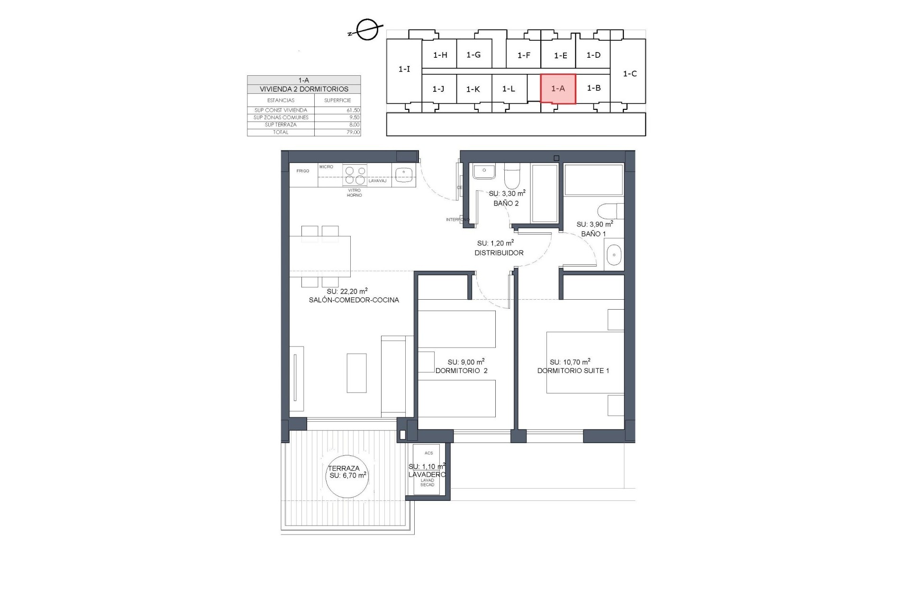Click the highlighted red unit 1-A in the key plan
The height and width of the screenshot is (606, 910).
click(558, 89)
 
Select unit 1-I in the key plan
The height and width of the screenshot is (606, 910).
click(404, 70)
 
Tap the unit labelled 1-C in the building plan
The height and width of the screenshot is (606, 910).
click(629, 74)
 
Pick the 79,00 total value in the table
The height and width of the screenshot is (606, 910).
click(353, 133)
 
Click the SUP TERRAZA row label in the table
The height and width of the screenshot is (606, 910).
click(281, 125)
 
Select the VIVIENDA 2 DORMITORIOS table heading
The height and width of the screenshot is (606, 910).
click(304, 89)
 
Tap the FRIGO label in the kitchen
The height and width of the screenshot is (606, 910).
click(303, 171)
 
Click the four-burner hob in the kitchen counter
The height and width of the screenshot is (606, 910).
click(355, 175)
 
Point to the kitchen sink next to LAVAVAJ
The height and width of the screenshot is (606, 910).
click(403, 174)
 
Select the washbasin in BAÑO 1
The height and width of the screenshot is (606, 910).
click(614, 255)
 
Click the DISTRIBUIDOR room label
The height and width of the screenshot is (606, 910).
click(499, 253)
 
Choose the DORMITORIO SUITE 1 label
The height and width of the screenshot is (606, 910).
click(573, 371)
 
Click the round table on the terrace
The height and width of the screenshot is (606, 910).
click(348, 475)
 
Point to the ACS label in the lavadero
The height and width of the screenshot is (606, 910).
click(428, 453)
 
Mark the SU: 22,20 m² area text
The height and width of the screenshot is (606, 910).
click(347, 292)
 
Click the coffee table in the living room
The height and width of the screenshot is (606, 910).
click(356, 373)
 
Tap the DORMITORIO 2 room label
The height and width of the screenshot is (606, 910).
click(461, 371)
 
